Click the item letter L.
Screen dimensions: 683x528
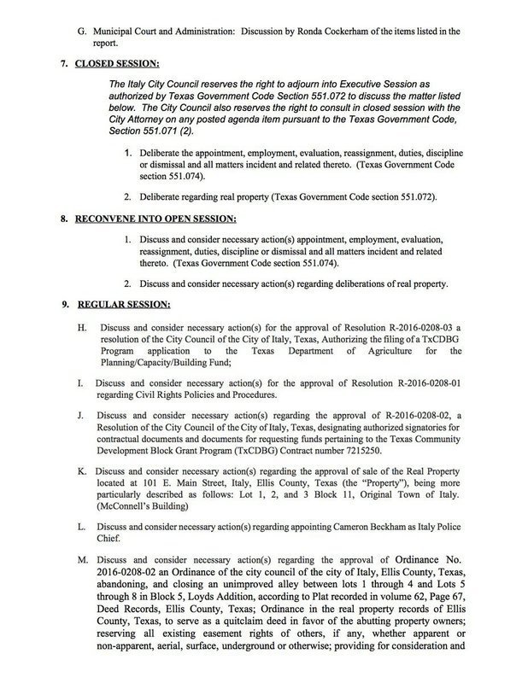point(80,528)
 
